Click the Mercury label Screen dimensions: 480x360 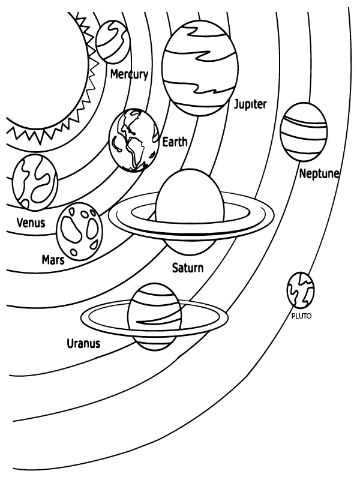tap(129, 74)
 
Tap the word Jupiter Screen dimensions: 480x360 tap(250, 104)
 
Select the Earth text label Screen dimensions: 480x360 tap(175, 142)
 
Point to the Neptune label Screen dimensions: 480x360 tap(319, 174)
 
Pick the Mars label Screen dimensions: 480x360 tap(53, 259)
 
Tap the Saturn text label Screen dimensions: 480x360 tap(188, 268)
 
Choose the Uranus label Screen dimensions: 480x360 tap(83, 344)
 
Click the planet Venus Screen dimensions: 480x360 tap(34, 180)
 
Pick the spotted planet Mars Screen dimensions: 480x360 tap(79, 230)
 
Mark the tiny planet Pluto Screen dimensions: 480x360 tap(301, 290)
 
